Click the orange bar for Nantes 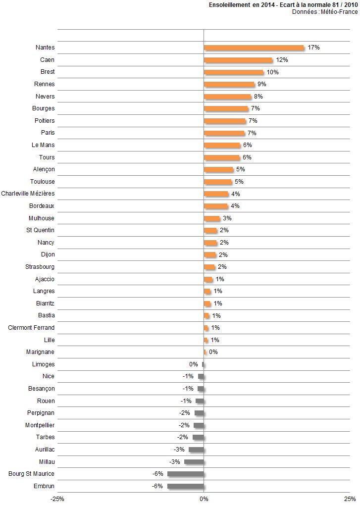tap(254, 48)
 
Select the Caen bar tap(238, 60)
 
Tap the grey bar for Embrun tap(185, 486)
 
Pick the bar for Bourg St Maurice tap(185, 474)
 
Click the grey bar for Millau tap(194, 462)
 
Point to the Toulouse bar tap(217, 182)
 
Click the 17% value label tap(313, 48)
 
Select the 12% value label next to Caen tap(282, 60)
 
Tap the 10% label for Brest tap(272, 72)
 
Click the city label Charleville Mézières tap(28, 194)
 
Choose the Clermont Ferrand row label tap(31, 328)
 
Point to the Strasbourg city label tap(40, 267)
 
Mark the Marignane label tap(40, 352)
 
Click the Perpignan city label tap(41, 413)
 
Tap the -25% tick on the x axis tap(57, 499)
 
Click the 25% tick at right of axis tap(350, 499)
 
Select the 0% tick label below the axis tap(204, 499)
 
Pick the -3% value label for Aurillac tap(179, 450)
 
